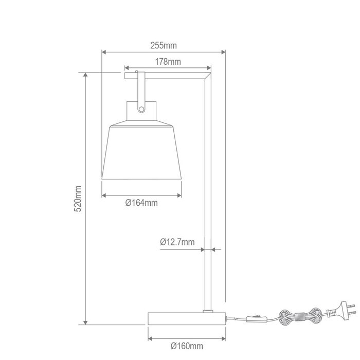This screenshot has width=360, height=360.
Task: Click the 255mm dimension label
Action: click(164, 46)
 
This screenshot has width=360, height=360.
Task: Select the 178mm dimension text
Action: click(168, 62)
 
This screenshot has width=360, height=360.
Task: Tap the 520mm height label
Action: click(78, 199)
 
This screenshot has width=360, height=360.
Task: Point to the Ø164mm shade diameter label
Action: click(141, 203)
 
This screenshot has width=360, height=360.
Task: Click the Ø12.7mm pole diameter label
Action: click(177, 242)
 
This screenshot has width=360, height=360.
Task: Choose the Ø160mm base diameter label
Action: click(187, 346)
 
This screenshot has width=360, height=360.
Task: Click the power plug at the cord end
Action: click(342, 310)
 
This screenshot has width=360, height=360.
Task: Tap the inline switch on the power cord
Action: click(257, 319)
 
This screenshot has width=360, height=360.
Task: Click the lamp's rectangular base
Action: click(187, 318)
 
